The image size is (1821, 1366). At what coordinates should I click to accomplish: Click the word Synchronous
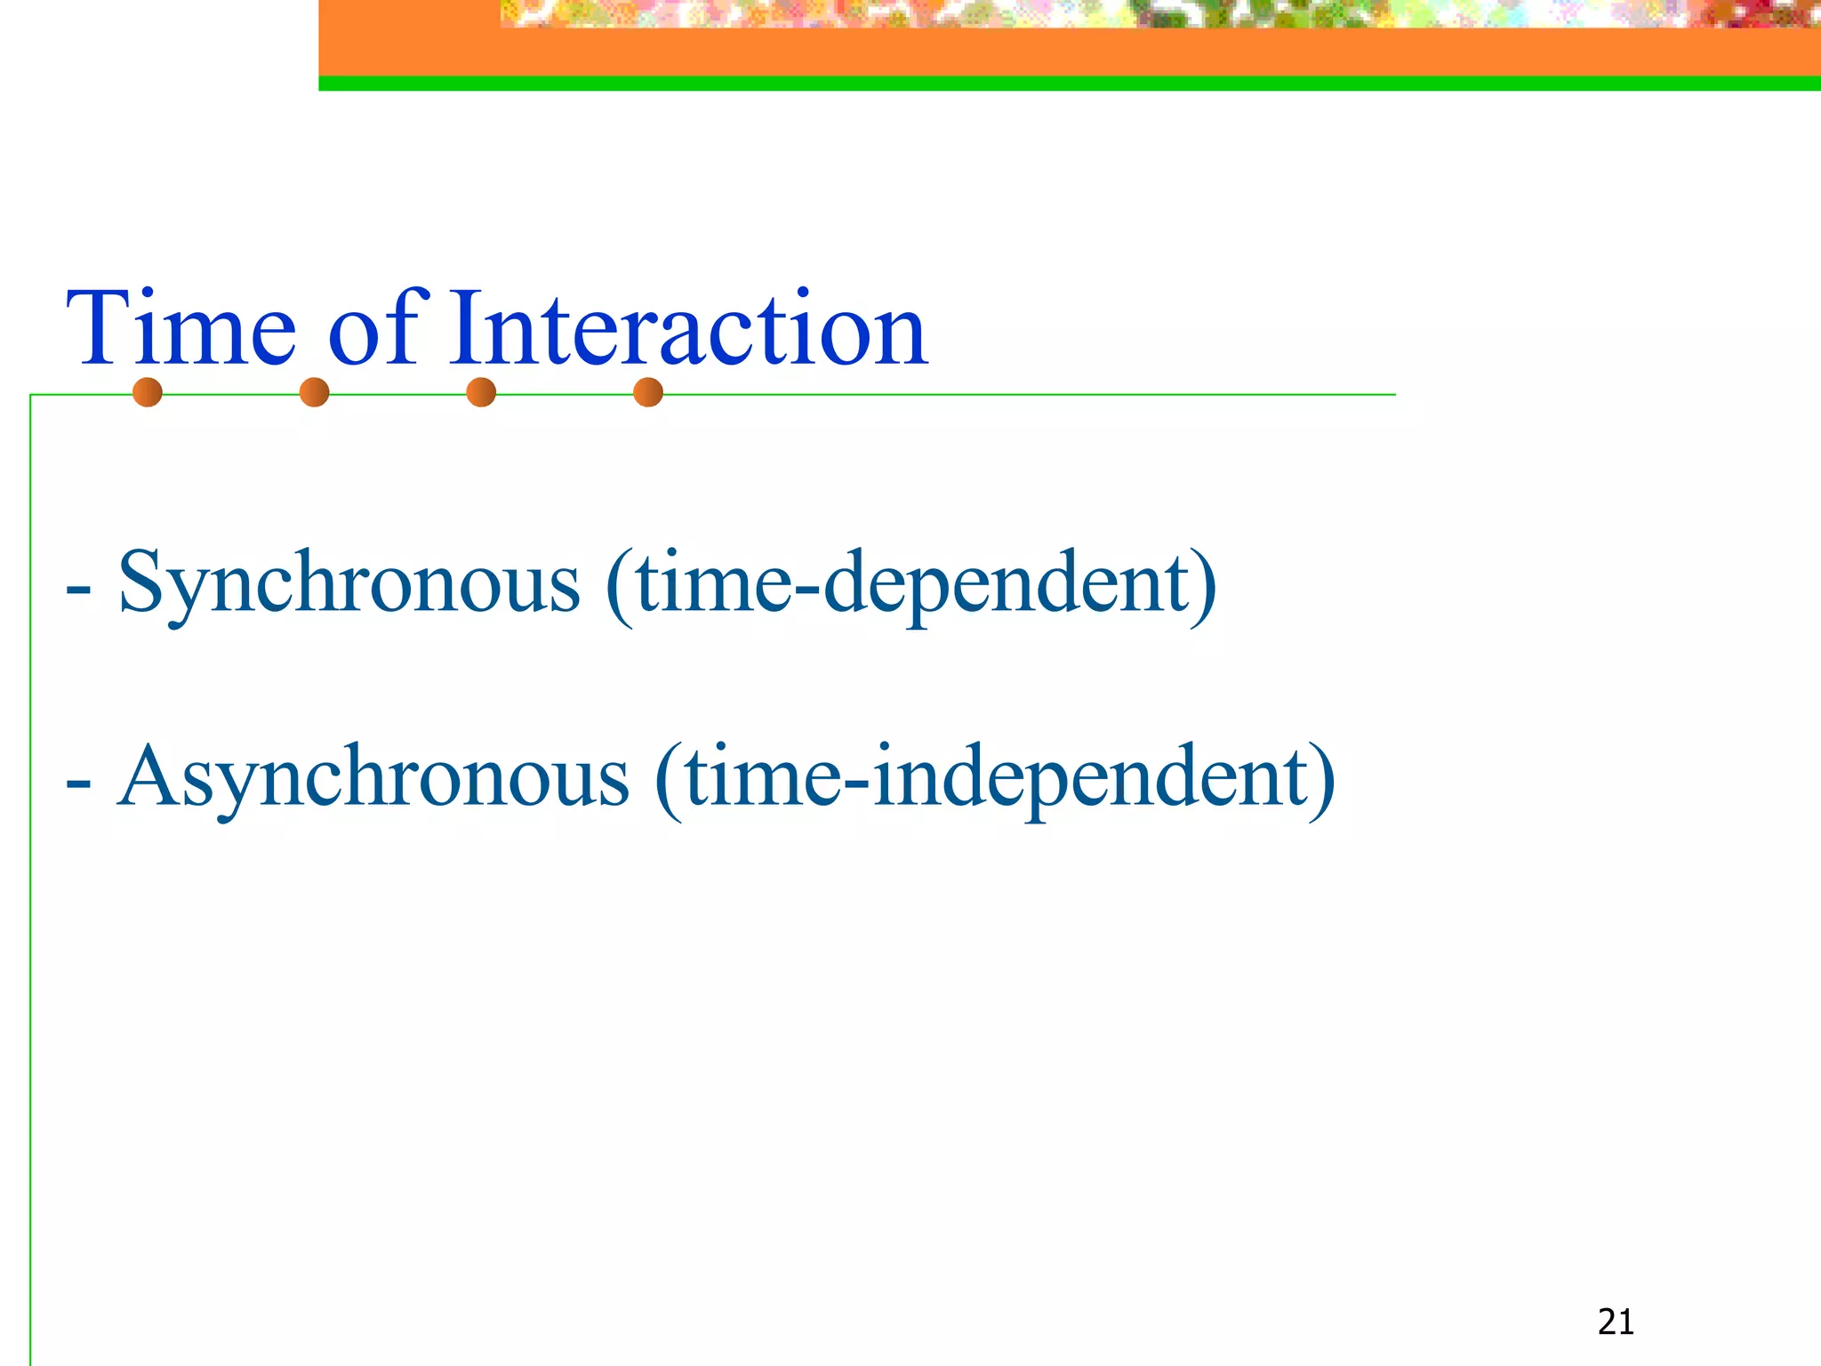pos(349,583)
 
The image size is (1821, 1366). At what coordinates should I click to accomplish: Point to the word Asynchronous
pos(373,777)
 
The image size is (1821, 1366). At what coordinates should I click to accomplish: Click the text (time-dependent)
pos(910,583)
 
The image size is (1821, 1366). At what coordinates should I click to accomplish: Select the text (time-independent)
pos(995,777)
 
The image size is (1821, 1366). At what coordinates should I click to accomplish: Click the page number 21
pos(1616,1322)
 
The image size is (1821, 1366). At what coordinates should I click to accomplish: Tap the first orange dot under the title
pos(148,392)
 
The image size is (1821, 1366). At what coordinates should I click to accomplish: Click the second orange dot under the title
pos(315,392)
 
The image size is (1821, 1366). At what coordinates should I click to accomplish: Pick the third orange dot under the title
pos(481,392)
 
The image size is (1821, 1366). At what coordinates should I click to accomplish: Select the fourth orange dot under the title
pos(648,392)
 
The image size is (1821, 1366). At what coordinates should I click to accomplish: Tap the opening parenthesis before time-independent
pos(670,779)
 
